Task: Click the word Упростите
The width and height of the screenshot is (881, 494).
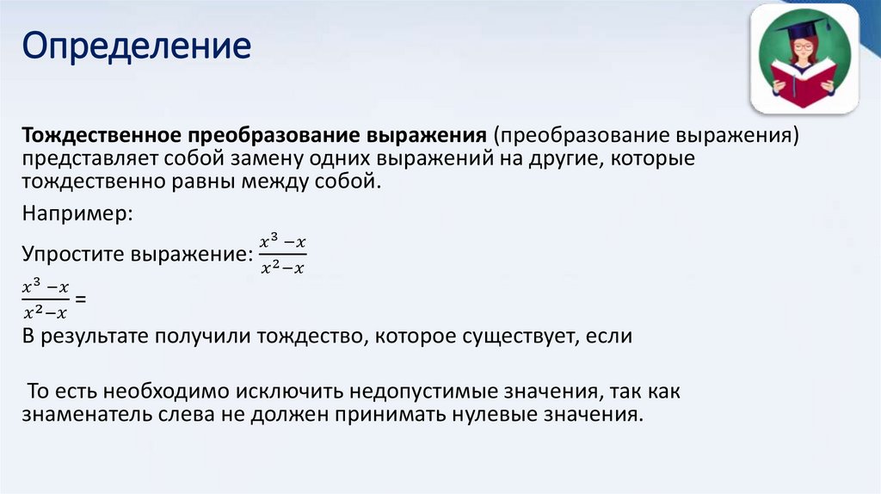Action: tap(73, 256)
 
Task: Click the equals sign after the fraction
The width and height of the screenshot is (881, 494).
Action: tap(82, 299)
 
